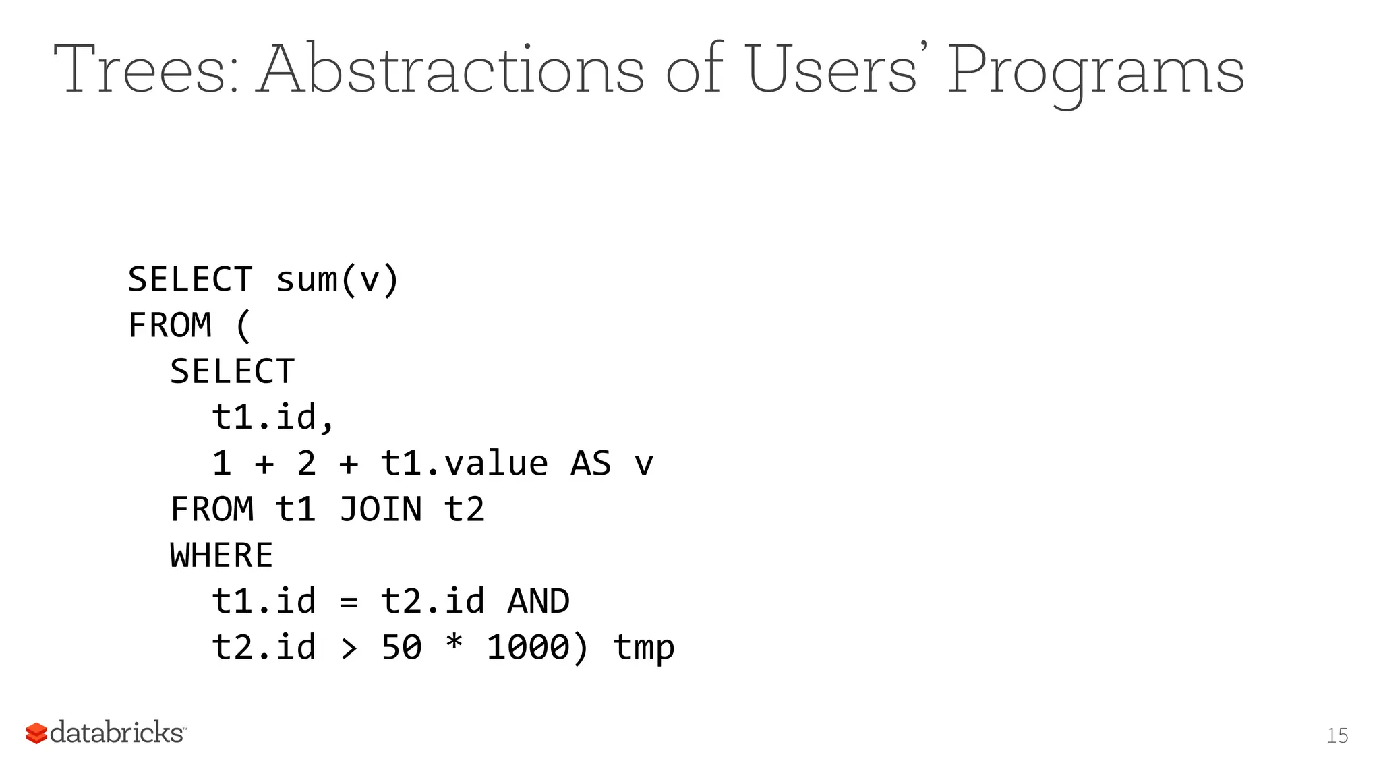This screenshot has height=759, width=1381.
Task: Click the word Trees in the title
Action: pyautogui.click(x=145, y=69)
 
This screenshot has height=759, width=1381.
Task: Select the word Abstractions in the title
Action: pyautogui.click(x=452, y=69)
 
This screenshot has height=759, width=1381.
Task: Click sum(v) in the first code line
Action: pyautogui.click(x=338, y=279)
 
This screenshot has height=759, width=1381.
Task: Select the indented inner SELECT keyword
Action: pyautogui.click(x=233, y=371)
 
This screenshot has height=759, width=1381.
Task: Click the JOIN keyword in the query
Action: pyautogui.click(x=380, y=509)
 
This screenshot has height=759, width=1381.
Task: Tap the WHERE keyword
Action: pyautogui.click(x=222, y=555)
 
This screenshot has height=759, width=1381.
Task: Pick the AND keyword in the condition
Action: pyautogui.click(x=538, y=601)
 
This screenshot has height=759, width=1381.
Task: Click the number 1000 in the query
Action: pyautogui.click(x=527, y=648)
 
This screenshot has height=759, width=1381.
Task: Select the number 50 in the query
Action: pyautogui.click(x=401, y=648)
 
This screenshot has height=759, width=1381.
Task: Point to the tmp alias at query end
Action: pyautogui.click(x=643, y=648)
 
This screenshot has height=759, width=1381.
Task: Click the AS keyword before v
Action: pyautogui.click(x=591, y=464)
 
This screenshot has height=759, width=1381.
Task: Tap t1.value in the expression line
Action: pyautogui.click(x=464, y=464)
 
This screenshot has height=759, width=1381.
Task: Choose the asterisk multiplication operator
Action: pyautogui.click(x=454, y=644)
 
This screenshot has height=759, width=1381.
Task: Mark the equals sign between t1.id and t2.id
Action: pyautogui.click(x=349, y=602)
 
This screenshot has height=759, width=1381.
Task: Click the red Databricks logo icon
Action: pyautogui.click(x=36, y=733)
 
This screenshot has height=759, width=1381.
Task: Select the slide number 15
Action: pyautogui.click(x=1337, y=735)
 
